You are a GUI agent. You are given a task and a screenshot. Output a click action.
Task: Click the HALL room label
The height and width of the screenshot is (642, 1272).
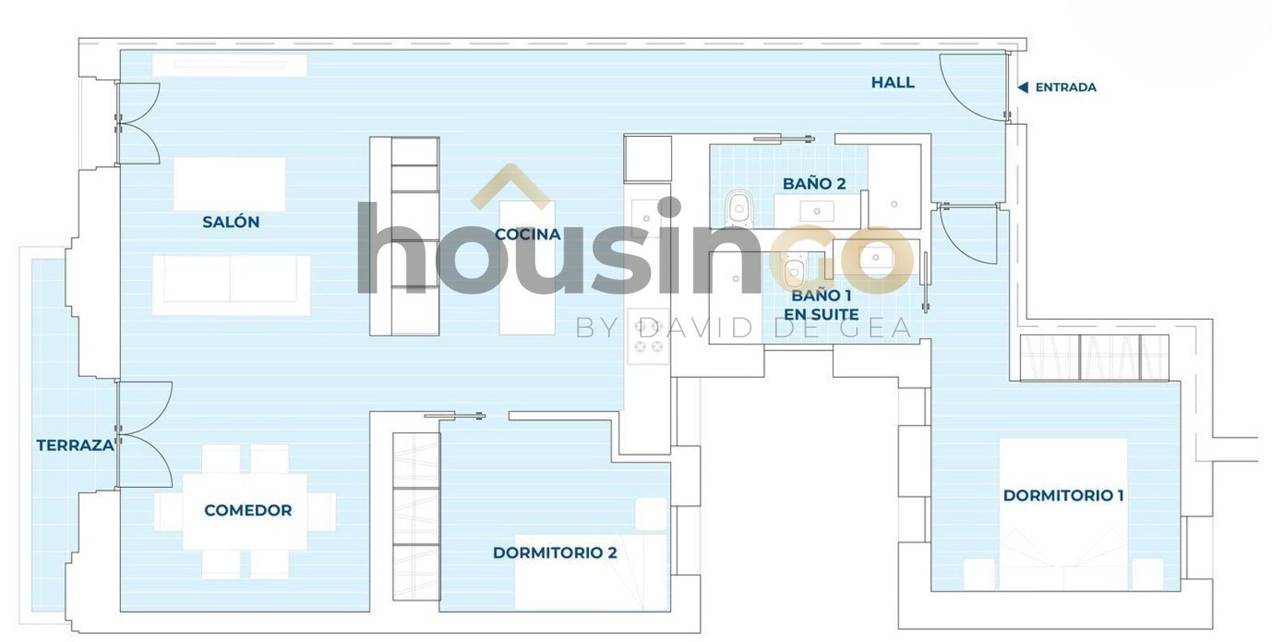[893, 83]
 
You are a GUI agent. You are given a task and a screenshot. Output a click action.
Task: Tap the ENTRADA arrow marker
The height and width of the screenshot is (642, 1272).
[1022, 88]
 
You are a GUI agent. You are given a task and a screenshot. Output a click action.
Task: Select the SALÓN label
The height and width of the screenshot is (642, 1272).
[231, 222]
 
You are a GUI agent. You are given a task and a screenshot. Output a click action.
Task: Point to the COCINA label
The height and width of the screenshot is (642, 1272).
[528, 234]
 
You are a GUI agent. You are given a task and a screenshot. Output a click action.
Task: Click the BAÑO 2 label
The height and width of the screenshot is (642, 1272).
[814, 184]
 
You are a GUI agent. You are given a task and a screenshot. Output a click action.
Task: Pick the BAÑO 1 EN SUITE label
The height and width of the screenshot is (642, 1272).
[821, 305]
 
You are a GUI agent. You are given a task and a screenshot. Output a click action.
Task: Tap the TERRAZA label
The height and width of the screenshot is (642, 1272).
[76, 446]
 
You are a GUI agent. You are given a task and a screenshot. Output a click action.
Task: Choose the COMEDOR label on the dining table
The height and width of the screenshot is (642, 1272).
[248, 510]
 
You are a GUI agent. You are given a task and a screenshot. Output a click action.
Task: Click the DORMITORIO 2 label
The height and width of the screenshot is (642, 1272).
[555, 553]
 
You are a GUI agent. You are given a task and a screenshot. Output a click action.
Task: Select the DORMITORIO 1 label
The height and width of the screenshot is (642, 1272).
[1064, 496]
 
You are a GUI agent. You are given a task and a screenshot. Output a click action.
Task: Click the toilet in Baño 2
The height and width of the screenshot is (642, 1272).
[739, 209]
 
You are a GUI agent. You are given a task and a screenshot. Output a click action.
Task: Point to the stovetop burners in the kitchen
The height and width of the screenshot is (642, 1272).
[649, 336]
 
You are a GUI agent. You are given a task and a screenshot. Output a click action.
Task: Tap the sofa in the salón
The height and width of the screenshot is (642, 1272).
[231, 286]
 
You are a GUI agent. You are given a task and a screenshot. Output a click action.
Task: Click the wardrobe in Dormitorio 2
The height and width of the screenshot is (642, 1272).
[417, 516]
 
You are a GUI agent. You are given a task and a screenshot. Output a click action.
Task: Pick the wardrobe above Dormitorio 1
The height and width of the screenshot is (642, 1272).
[1094, 357]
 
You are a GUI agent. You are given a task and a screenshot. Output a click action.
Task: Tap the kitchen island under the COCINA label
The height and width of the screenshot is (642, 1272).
[527, 267]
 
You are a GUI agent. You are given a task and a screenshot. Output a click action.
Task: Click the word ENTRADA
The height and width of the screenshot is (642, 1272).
[1066, 88]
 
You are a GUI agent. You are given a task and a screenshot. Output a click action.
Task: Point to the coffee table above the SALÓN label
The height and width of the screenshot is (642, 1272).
[230, 184]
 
